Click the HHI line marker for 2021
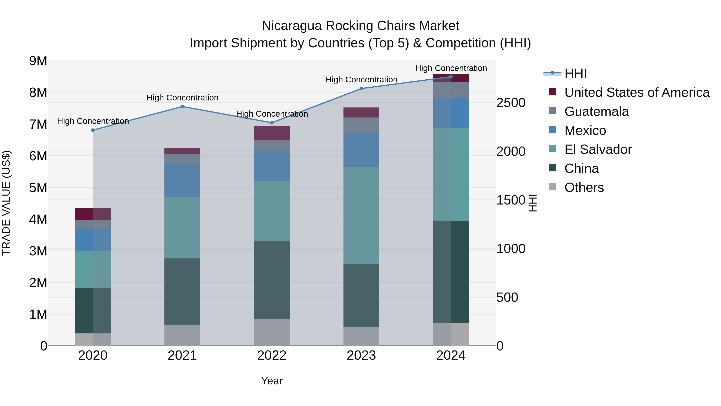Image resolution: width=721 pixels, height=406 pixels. coord(182,106)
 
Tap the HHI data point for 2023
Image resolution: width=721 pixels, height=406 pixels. coord(361,89)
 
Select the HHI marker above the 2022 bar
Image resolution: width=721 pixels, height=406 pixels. coord(272,123)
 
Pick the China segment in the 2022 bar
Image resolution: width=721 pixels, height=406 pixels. coord(272,280)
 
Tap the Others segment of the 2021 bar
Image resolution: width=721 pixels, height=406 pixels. coord(182,335)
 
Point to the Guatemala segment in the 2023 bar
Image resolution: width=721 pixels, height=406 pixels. coord(361,125)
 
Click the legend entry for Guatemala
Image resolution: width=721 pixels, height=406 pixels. coord(596,111)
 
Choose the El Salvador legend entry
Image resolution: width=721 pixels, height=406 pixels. coord(598,149)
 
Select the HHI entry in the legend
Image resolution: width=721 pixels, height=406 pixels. coord(575,73)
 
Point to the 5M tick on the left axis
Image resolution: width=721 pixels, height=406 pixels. coord(38,188)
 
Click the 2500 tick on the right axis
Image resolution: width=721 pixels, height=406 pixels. coord(511,103)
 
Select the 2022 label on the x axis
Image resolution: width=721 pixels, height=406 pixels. coord(272,355)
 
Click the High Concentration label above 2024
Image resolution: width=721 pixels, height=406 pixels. coord(451,68)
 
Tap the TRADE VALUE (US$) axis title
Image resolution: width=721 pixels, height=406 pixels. coord(6,203)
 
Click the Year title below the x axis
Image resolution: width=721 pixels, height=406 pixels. coord(272,381)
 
